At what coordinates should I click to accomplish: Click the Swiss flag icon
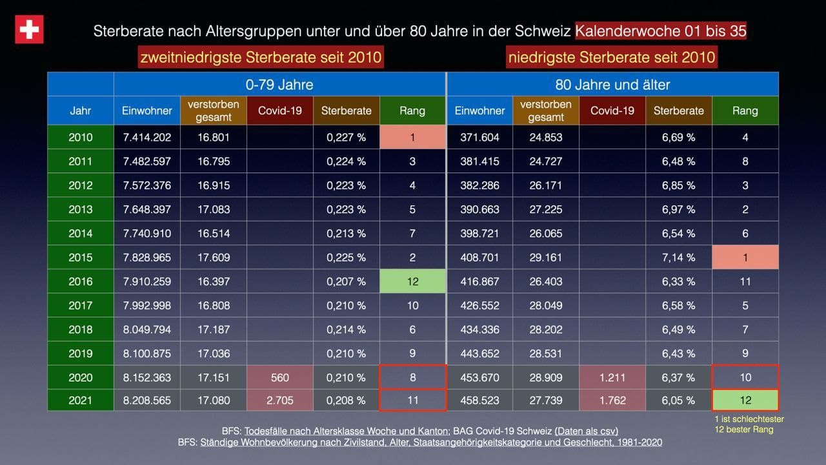[x=29, y=30]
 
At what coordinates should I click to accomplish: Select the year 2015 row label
[x=81, y=257]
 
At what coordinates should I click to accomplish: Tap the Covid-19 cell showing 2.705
[x=280, y=400]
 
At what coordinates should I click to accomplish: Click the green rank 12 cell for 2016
[x=412, y=282]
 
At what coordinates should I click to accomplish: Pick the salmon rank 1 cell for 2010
[x=412, y=137]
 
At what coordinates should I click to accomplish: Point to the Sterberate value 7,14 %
[x=678, y=257]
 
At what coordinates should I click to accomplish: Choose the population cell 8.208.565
[x=146, y=400]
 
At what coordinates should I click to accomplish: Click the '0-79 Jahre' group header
[x=279, y=85]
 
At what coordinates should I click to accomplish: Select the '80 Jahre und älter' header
[x=612, y=85]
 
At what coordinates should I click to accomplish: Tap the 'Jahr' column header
[x=81, y=110]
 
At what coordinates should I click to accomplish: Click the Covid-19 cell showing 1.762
[x=612, y=400]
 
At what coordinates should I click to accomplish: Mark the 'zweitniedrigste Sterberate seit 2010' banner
[x=260, y=57]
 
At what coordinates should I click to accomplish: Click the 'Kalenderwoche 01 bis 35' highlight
[x=661, y=31]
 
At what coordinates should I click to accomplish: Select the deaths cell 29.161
[x=545, y=257]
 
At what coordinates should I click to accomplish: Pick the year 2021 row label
[x=81, y=400]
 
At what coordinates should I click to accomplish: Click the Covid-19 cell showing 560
[x=280, y=377]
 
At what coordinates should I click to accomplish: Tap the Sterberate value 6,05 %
[x=678, y=400]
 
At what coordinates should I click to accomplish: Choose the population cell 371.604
[x=479, y=137]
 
